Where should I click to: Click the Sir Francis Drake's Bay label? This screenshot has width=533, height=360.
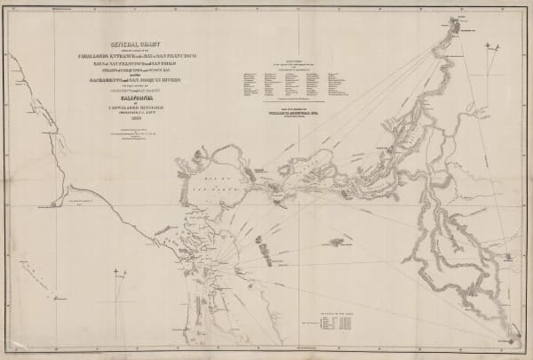(x=76, y=204)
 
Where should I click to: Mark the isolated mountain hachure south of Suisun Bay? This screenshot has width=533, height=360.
(x=335, y=241)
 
